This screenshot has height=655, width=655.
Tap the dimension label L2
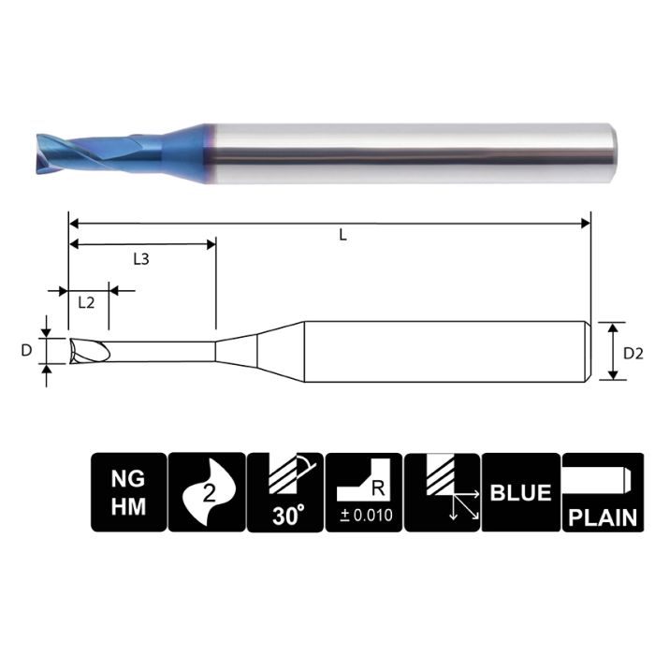(x=85, y=302)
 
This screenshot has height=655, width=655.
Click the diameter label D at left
(x=26, y=351)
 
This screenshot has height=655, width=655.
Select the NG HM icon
(x=128, y=492)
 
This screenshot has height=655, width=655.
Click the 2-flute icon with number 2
(x=206, y=492)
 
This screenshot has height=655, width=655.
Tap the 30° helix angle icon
(x=284, y=492)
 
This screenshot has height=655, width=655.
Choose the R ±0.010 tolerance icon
(x=363, y=492)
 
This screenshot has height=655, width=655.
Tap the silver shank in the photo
(x=412, y=150)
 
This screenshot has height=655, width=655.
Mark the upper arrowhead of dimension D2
(x=613, y=327)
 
